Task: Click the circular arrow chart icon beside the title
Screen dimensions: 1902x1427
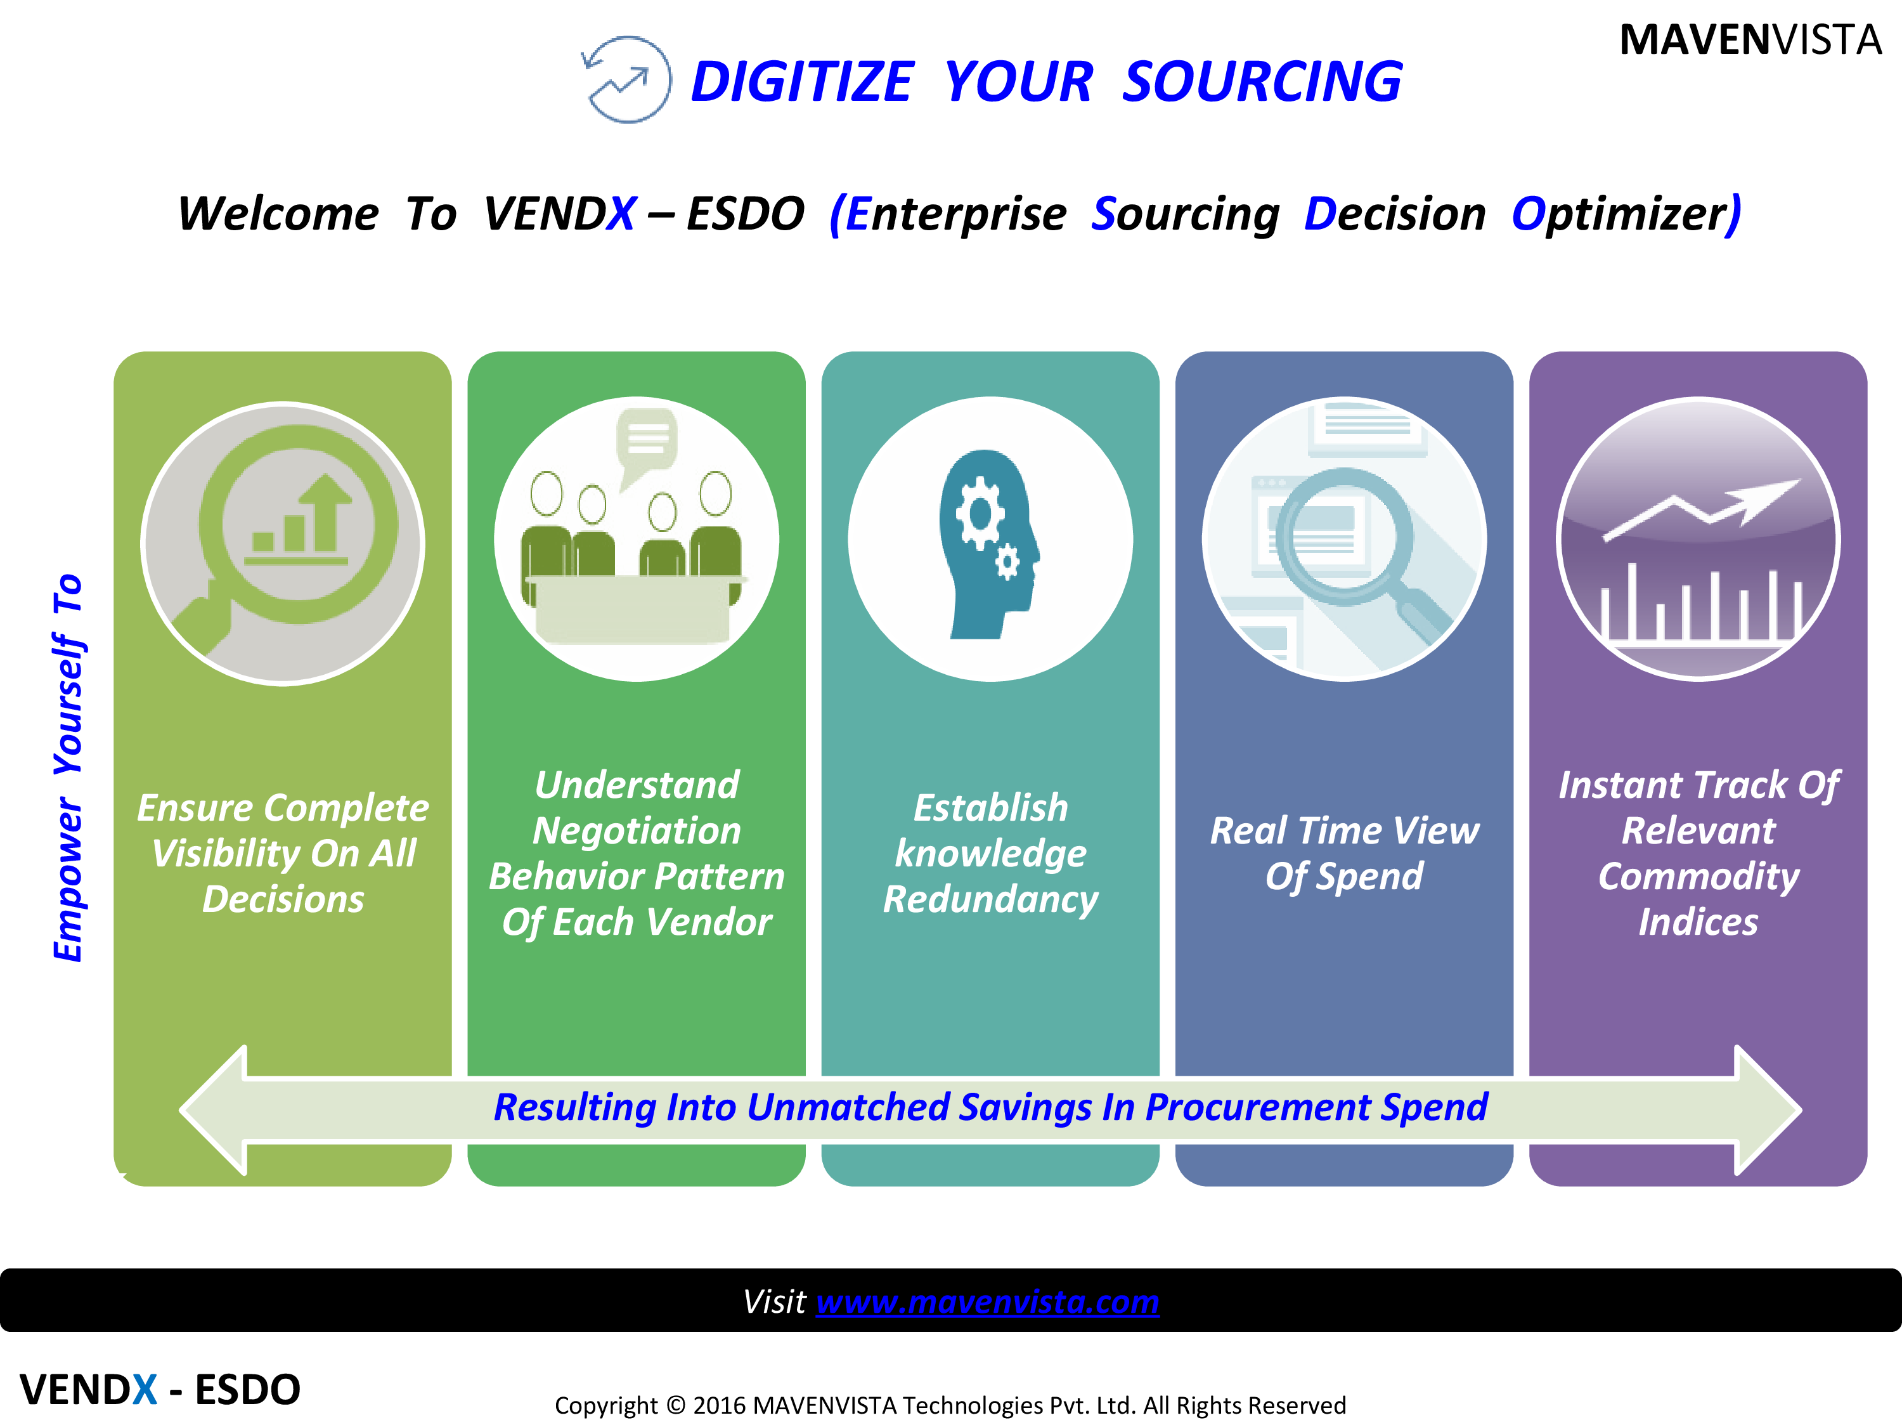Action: pos(626,79)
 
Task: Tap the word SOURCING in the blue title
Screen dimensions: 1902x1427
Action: pos(1262,82)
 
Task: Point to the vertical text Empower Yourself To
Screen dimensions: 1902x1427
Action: pos(68,767)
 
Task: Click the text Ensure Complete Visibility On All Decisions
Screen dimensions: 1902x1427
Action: pos(283,853)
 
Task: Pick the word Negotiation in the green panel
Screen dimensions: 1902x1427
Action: pos(637,831)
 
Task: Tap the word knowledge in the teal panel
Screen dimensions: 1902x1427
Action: pos(990,853)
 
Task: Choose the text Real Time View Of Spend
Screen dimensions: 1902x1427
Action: pos(1345,853)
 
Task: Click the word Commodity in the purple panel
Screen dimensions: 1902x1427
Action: pos(1698,876)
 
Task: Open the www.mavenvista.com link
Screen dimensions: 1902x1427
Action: pos(987,1301)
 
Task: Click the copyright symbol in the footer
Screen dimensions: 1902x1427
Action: pos(676,1405)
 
